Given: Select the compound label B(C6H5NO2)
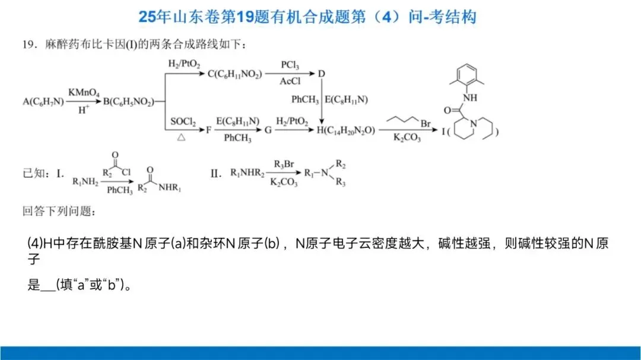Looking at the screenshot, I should coord(128,101).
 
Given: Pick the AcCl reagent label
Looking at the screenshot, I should coord(290,82).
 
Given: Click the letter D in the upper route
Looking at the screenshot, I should coord(322,74).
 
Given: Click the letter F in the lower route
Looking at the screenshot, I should coord(209,129).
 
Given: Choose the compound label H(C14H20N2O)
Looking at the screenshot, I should coord(345,129).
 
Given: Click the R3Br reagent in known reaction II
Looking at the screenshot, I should coord(284,164).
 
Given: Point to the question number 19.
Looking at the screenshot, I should coord(28,44).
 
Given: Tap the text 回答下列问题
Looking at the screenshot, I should coord(58,211).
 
